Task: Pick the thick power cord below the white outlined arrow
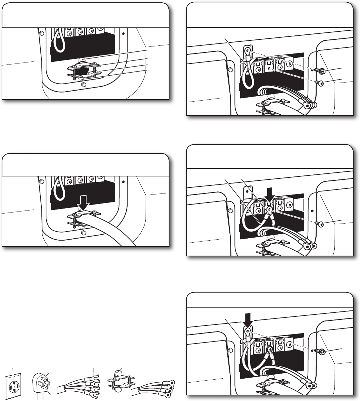[x=110, y=231]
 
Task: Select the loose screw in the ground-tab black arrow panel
[x=321, y=352]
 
